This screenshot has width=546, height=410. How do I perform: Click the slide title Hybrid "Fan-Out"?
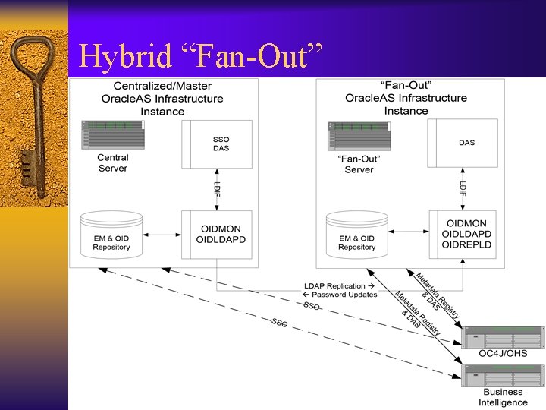(201, 56)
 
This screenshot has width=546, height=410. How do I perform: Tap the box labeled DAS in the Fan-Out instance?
(466, 143)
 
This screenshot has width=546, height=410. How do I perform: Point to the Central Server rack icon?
(112, 134)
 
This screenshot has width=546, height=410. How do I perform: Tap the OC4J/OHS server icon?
(503, 336)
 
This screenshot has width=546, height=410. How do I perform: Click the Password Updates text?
(344, 295)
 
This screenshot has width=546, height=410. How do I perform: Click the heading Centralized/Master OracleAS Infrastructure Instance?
(162, 99)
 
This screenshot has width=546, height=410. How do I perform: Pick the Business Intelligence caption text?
(503, 397)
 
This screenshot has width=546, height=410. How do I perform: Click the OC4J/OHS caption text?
(503, 354)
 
